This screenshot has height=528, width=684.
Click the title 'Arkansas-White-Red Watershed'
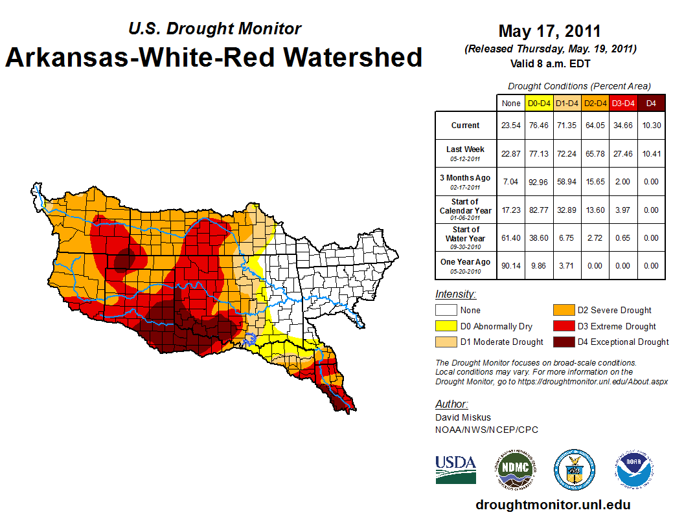pyautogui.click(x=214, y=57)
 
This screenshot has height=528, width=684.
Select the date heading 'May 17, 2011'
pyautogui.click(x=549, y=30)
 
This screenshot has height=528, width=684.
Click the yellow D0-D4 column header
pyautogui.click(x=539, y=103)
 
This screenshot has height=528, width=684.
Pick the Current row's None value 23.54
pyautogui.click(x=511, y=126)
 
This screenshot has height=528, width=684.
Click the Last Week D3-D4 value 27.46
pyautogui.click(x=623, y=153)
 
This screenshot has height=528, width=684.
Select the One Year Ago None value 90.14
pyautogui.click(x=511, y=265)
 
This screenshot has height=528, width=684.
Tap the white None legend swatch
pyautogui.click(x=445, y=311)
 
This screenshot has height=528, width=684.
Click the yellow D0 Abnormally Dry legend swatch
pyautogui.click(x=445, y=326)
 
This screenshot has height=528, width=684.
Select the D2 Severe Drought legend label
pyautogui.click(x=614, y=311)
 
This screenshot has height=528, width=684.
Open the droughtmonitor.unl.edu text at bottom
pyautogui.click(x=553, y=505)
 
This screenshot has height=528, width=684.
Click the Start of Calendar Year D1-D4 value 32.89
pyautogui.click(x=567, y=210)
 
